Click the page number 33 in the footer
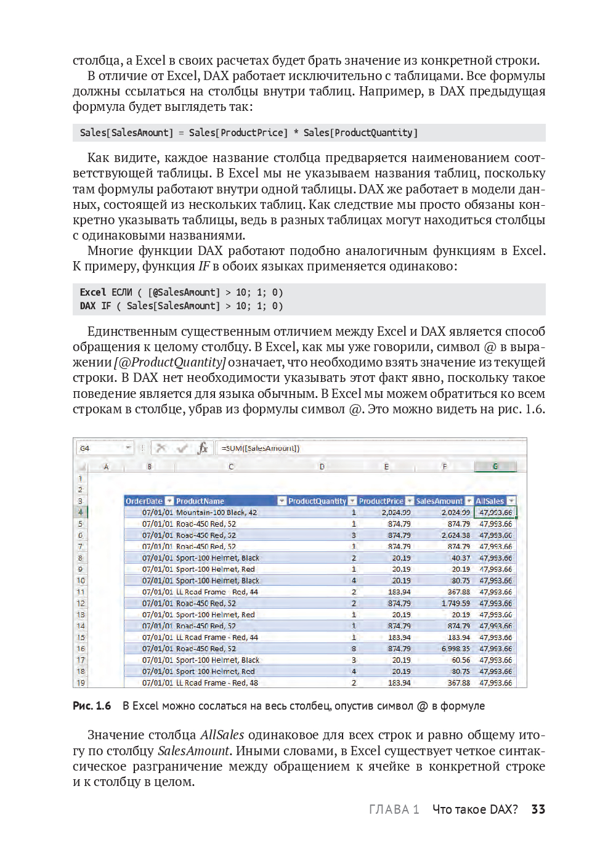538,809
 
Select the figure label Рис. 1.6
92,706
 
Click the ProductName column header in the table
200,501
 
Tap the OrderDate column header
144,501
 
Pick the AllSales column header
490,501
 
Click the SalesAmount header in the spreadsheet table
439,501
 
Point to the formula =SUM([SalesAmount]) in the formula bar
261,448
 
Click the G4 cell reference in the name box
85,448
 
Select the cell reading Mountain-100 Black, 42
216,513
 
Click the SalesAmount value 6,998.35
455,649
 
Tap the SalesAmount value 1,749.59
455,604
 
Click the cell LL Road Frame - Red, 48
217,683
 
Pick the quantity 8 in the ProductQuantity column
354,649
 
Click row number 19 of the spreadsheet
81,683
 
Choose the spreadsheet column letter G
495,467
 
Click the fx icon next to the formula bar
203,448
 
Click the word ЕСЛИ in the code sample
122,293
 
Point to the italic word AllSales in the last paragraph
222,735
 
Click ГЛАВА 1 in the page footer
394,809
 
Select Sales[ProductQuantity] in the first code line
360,133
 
